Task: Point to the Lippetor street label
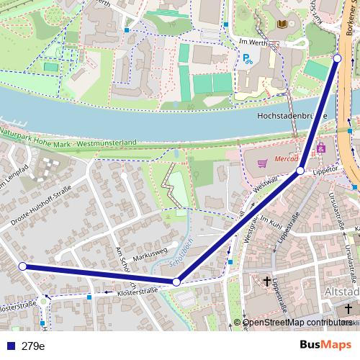point(325,173)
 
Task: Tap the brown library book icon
point(280,24)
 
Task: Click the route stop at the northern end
point(337,58)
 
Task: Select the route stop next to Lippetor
point(300,170)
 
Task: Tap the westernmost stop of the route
point(22,266)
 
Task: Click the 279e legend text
point(33,346)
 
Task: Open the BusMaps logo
point(326,346)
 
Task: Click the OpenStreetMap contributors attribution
point(297,323)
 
